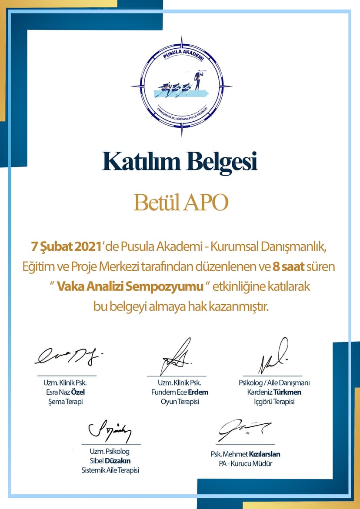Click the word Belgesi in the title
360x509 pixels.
click(x=222, y=162)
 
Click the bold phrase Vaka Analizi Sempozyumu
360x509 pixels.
click(x=130, y=287)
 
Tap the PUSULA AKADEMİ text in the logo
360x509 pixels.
click(x=181, y=55)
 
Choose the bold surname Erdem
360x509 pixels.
click(x=198, y=392)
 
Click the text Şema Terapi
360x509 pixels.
click(x=65, y=402)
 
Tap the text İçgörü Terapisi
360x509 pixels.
click(x=274, y=402)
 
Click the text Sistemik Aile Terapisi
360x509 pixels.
click(x=110, y=470)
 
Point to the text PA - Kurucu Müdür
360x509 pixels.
click(x=245, y=464)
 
